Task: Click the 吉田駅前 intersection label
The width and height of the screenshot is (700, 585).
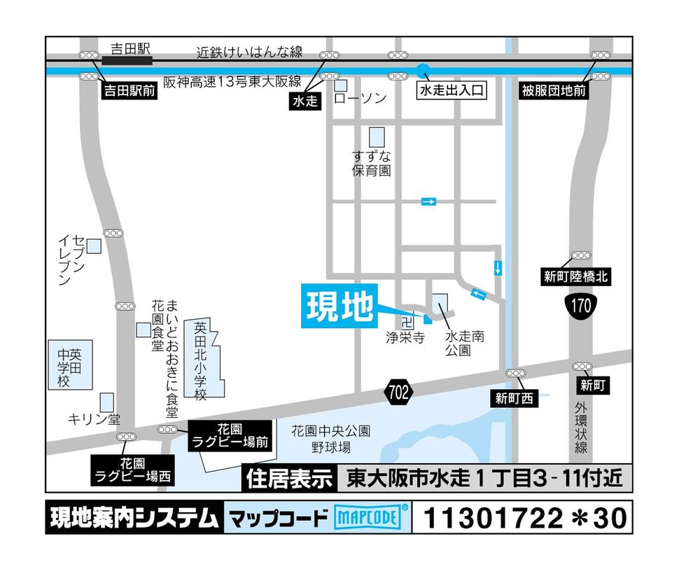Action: tap(129, 90)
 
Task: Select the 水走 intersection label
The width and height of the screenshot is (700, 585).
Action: tap(304, 101)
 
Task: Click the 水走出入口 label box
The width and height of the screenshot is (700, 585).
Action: tap(451, 90)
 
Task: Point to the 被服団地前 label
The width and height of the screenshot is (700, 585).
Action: tap(554, 90)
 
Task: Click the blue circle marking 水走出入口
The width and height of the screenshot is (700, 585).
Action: tap(423, 70)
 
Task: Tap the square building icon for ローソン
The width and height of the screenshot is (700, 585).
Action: tap(341, 85)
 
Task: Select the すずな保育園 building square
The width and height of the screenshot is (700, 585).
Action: tap(377, 136)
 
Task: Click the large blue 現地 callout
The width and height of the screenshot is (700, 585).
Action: tap(339, 306)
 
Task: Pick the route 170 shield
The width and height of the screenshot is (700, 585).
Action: tap(580, 306)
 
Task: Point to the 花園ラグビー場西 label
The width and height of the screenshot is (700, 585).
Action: tap(132, 470)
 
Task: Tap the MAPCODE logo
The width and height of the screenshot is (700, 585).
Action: tap(371, 519)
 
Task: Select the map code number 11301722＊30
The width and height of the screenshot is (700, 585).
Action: tap(524, 519)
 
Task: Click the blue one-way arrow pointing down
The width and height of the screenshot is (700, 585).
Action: tap(498, 267)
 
